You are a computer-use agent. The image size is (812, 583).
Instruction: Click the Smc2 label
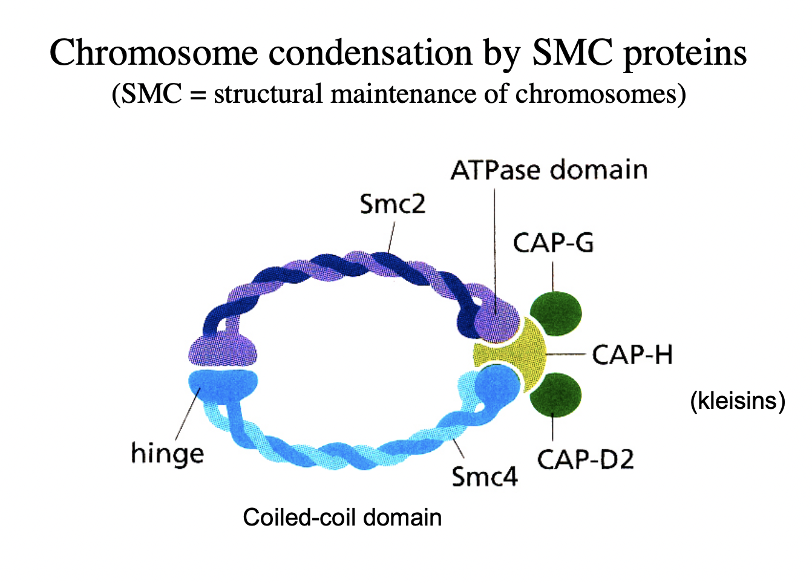coord(393,204)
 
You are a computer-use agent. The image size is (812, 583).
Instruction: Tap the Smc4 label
coord(485,477)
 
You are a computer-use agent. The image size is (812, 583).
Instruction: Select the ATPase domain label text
coord(549,171)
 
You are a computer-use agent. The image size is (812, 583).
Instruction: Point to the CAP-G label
coord(553,243)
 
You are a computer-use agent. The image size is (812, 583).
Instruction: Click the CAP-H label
coord(632,355)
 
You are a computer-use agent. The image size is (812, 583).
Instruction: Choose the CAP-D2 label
coord(585,460)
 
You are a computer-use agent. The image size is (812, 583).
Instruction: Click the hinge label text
coord(167,454)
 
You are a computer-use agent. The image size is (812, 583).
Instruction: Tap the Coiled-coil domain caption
coord(342,518)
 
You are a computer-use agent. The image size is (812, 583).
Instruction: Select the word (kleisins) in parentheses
coord(737,400)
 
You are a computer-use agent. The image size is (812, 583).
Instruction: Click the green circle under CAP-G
coord(555,313)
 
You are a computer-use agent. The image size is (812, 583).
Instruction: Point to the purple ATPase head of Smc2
coord(497,318)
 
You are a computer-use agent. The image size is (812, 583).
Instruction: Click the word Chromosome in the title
coord(154,53)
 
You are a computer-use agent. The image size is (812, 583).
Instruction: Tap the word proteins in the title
coord(685,53)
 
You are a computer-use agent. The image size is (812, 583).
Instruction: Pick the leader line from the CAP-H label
coord(566,354)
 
